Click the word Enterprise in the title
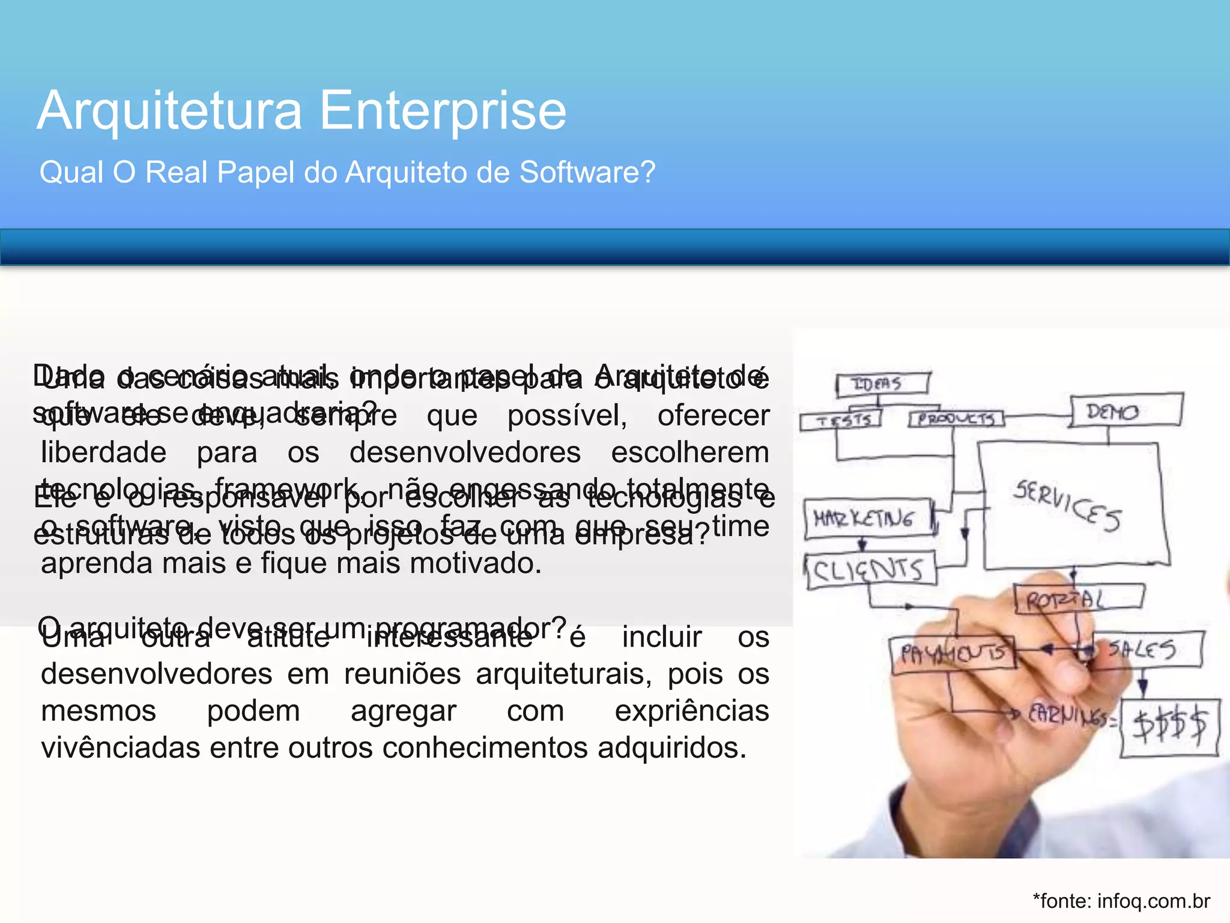coord(443,111)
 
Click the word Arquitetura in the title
coord(169,111)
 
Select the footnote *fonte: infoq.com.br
coord(1121,901)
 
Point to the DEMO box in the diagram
coord(1125,411)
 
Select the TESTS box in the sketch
coord(841,419)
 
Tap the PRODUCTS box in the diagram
coord(956,418)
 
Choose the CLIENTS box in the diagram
coord(869,571)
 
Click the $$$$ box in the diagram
coord(1169,725)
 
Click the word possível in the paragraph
coord(567,416)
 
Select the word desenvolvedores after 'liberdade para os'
coord(465,452)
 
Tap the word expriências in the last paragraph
coord(692,711)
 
